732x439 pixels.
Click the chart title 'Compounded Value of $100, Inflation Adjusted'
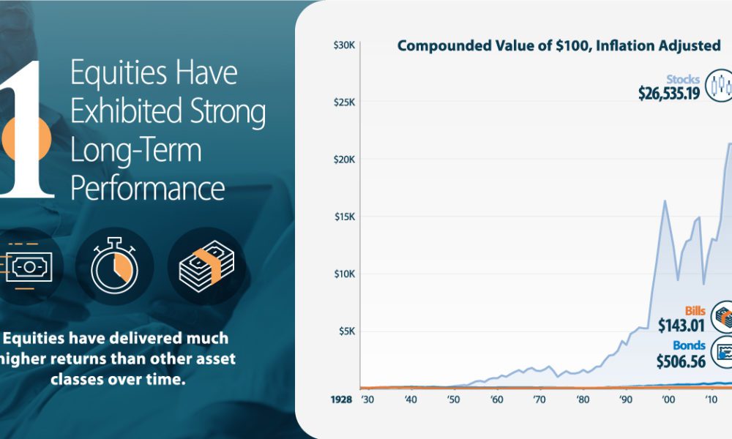pyautogui.click(x=559, y=46)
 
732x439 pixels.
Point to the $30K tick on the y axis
pyautogui.click(x=344, y=45)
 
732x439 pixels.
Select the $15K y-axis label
pyautogui.click(x=345, y=217)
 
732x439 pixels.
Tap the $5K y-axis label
pyautogui.click(x=347, y=331)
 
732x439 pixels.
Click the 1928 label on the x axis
pyautogui.click(x=341, y=399)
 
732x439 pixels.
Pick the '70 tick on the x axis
pyautogui.click(x=539, y=399)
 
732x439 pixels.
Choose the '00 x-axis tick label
pyautogui.click(x=668, y=399)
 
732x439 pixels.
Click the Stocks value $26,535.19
pyautogui.click(x=669, y=94)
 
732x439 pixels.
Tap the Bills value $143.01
pyautogui.click(x=681, y=325)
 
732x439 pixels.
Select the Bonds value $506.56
pyautogui.click(x=681, y=361)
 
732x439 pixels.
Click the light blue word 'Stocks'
pyautogui.click(x=683, y=79)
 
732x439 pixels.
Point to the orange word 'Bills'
pyautogui.click(x=695, y=311)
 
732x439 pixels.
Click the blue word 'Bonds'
pyautogui.click(x=689, y=345)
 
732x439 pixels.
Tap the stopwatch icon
pyautogui.click(x=114, y=266)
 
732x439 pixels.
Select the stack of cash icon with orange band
pyautogui.click(x=206, y=266)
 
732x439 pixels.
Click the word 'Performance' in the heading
pyautogui.click(x=148, y=189)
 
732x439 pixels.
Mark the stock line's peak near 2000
pyautogui.click(x=665, y=200)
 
